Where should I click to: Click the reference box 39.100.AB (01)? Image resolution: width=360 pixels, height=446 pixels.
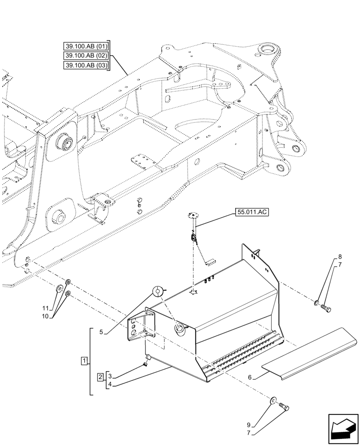(86, 45)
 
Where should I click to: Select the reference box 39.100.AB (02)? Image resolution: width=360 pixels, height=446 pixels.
(86, 55)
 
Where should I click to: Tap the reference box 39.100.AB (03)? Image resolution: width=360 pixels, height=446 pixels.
(86, 66)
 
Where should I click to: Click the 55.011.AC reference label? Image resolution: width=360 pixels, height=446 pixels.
(250, 213)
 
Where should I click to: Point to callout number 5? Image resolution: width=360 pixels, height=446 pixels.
(101, 332)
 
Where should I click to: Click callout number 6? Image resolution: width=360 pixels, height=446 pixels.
(250, 378)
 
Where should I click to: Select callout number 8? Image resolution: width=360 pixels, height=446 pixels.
(340, 257)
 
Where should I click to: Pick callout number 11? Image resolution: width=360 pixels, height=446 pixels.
(45, 308)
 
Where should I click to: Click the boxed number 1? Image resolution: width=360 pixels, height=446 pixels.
(84, 360)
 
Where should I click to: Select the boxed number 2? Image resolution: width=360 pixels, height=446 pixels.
(101, 377)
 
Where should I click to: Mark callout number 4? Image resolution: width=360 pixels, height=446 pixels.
(110, 384)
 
